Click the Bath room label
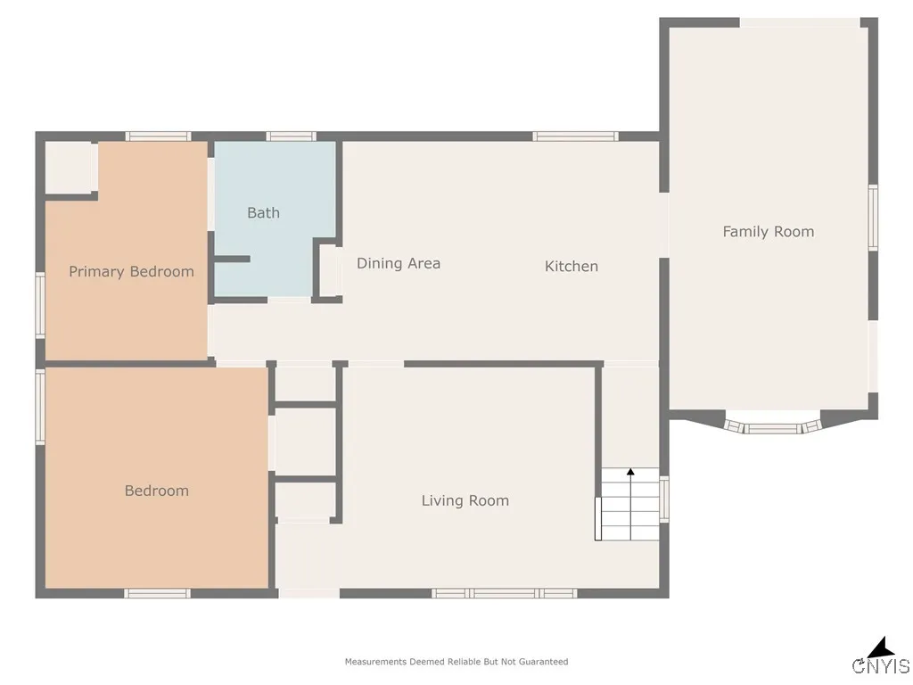click(263, 213)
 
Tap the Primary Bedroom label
click(132, 272)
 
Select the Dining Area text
click(399, 263)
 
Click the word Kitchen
click(572, 266)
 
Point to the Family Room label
click(768, 232)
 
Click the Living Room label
click(465, 501)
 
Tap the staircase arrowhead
click(630, 472)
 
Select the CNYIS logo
click(881, 656)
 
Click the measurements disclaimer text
click(456, 662)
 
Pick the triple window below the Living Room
click(505, 593)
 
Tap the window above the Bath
click(292, 136)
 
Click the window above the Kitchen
click(575, 136)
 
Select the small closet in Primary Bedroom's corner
click(71, 167)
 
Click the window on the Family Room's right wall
click(874, 218)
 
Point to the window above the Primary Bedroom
click(158, 136)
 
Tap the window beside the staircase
click(663, 499)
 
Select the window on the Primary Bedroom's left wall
click(40, 305)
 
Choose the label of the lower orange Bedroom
click(157, 491)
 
